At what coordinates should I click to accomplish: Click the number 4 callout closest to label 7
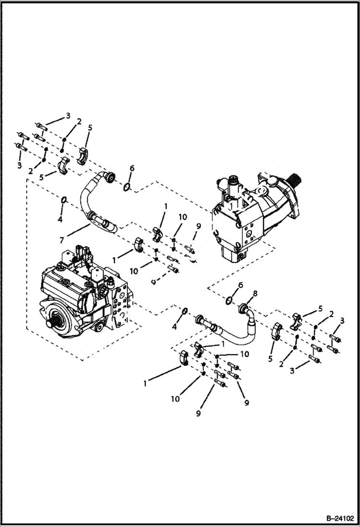coord(60,220)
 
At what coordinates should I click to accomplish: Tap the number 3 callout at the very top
coord(68,115)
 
